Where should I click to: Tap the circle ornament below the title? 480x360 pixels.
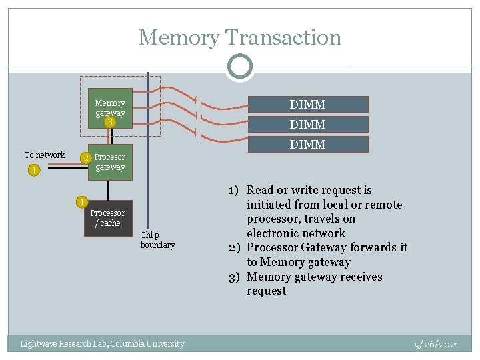tap(240, 67)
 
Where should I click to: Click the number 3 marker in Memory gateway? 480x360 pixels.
tap(111, 123)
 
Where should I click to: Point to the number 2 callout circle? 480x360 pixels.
tap(85, 159)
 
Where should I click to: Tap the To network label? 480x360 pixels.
tap(45, 155)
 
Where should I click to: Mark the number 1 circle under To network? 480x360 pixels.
tap(33, 170)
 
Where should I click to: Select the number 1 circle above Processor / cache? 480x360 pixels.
tap(81, 202)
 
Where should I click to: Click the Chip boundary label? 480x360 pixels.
tap(157, 240)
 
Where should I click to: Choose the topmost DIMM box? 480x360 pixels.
tap(307, 105)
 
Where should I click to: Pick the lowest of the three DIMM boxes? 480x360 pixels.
tap(307, 144)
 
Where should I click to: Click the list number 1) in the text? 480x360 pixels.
tap(235, 190)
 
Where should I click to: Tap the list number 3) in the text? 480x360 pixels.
tap(235, 277)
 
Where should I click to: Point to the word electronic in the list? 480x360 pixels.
tap(276, 233)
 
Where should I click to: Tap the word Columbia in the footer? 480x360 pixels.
tap(134, 344)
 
